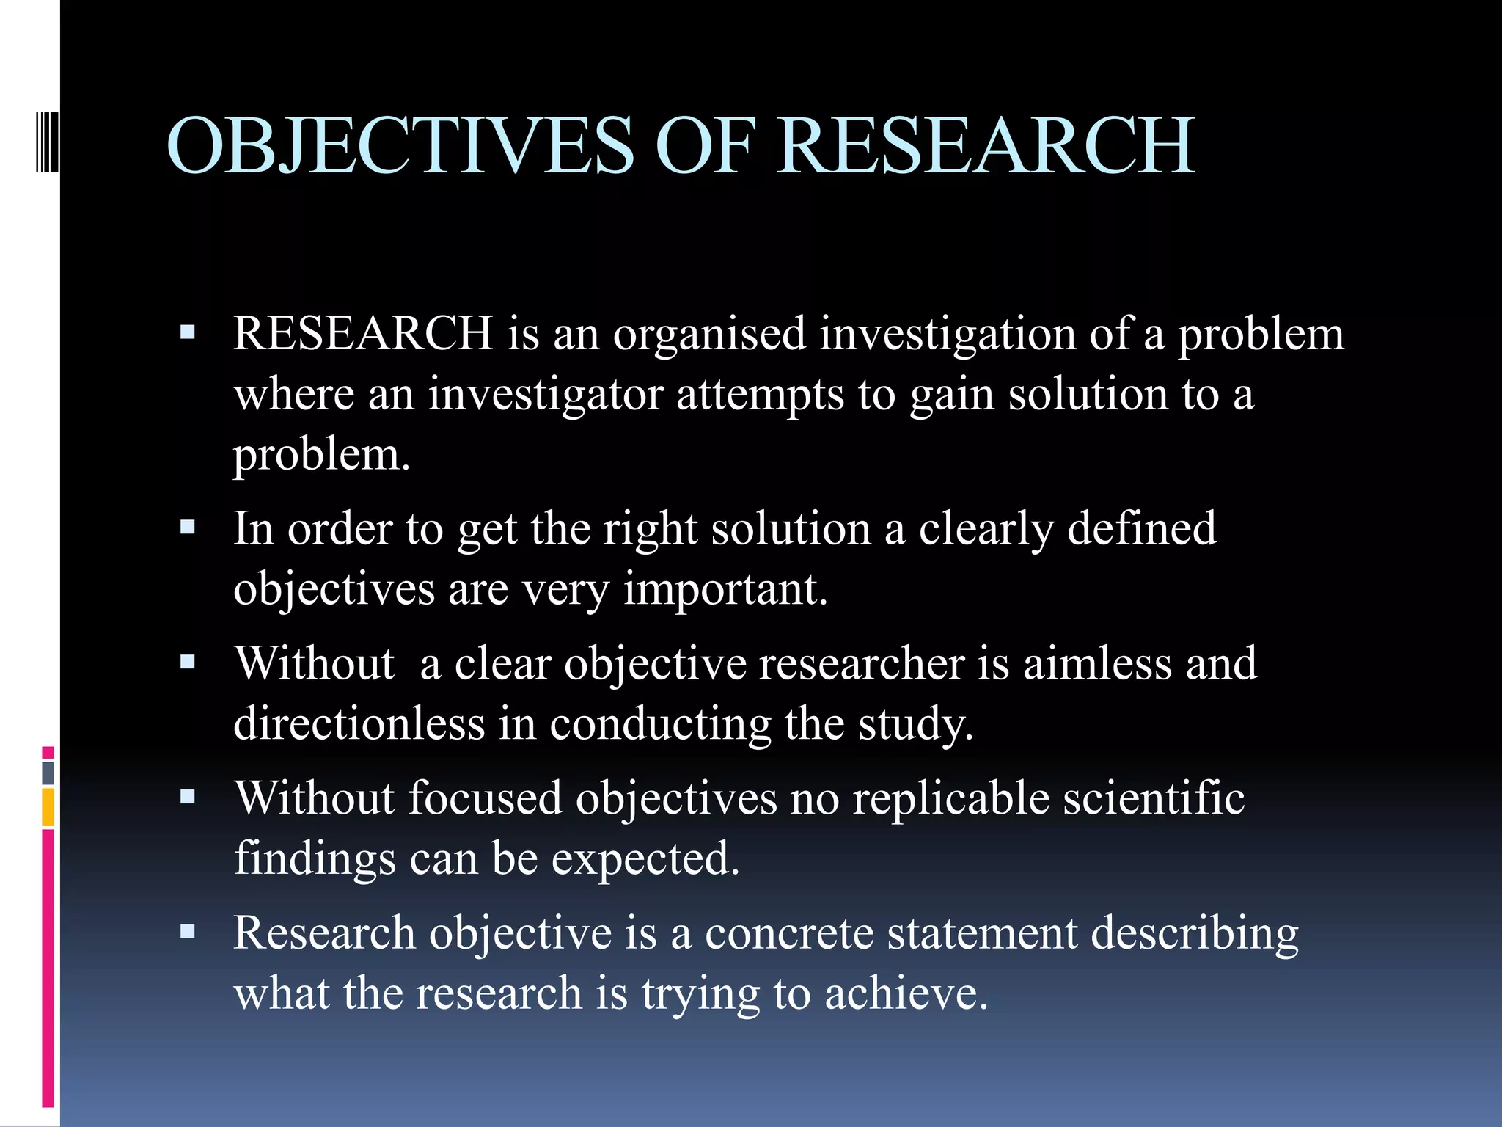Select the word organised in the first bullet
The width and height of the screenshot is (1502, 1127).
coord(709,335)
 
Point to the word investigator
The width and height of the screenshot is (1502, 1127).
coord(545,395)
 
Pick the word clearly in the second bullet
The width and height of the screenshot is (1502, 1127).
coord(986,530)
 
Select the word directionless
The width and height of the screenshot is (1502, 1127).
coord(359,723)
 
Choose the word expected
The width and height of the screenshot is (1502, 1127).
coord(645,859)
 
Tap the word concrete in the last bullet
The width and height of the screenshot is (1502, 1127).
coord(789,933)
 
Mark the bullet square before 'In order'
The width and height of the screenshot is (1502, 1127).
coord(188,527)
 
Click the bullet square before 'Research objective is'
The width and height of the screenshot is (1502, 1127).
coord(188,932)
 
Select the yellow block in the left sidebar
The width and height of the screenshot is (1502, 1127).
coord(48,807)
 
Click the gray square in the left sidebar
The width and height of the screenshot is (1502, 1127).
coord(48,773)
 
